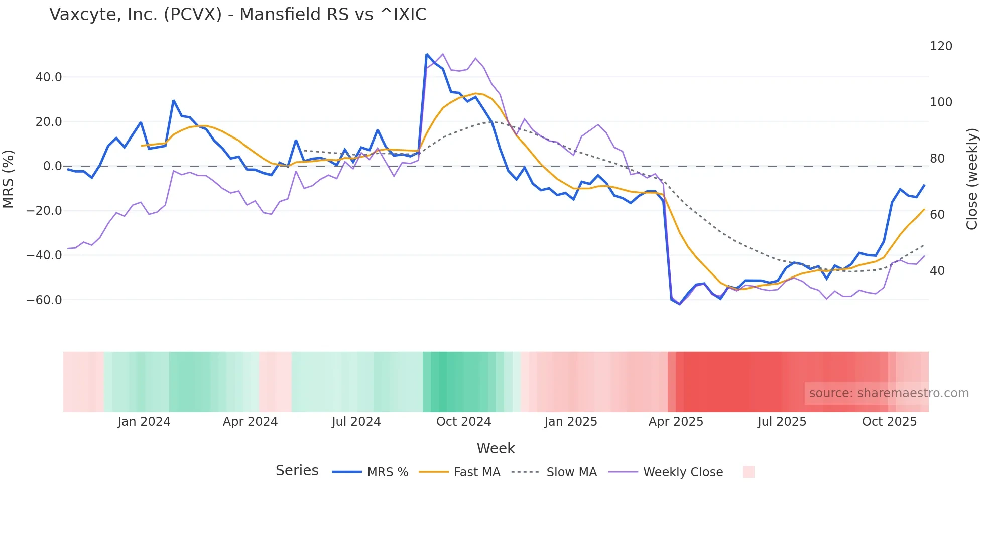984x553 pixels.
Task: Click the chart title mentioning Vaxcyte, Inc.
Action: pyautogui.click(x=238, y=15)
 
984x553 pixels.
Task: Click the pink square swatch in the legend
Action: pyautogui.click(x=748, y=472)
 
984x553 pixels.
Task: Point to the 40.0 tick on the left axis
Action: pyautogui.click(x=49, y=77)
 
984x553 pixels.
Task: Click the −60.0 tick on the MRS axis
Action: pyautogui.click(x=44, y=300)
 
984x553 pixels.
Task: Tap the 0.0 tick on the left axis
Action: pyautogui.click(x=52, y=166)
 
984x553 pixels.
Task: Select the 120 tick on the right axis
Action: pyautogui.click(x=941, y=46)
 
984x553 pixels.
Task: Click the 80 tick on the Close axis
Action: pyautogui.click(x=937, y=159)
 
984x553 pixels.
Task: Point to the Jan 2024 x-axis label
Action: pyautogui.click(x=144, y=422)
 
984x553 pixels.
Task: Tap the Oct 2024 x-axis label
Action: pyautogui.click(x=463, y=422)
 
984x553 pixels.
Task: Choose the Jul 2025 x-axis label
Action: pyautogui.click(x=782, y=422)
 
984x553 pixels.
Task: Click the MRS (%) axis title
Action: pyautogui.click(x=9, y=179)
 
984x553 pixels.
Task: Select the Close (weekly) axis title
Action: pyautogui.click(x=972, y=179)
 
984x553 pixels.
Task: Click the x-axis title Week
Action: pyautogui.click(x=496, y=448)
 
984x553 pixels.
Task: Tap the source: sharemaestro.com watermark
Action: pyautogui.click(x=889, y=393)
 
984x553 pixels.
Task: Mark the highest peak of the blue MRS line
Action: pyautogui.click(x=427, y=54)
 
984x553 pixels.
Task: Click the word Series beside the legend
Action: pyautogui.click(x=297, y=471)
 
